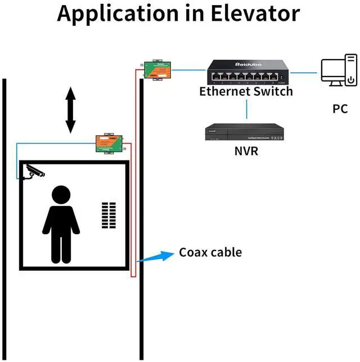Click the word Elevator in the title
point(249,14)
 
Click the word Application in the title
point(118,14)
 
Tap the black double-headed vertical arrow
point(70,110)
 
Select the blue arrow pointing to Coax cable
point(153,256)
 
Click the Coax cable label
point(210,252)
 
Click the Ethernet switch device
point(246,72)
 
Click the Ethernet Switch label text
point(246,91)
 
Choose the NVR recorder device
point(245,133)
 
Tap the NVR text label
point(246,151)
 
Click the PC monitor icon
point(332,71)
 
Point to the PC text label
point(340,108)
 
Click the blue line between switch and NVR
point(246,109)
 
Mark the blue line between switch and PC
point(304,72)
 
